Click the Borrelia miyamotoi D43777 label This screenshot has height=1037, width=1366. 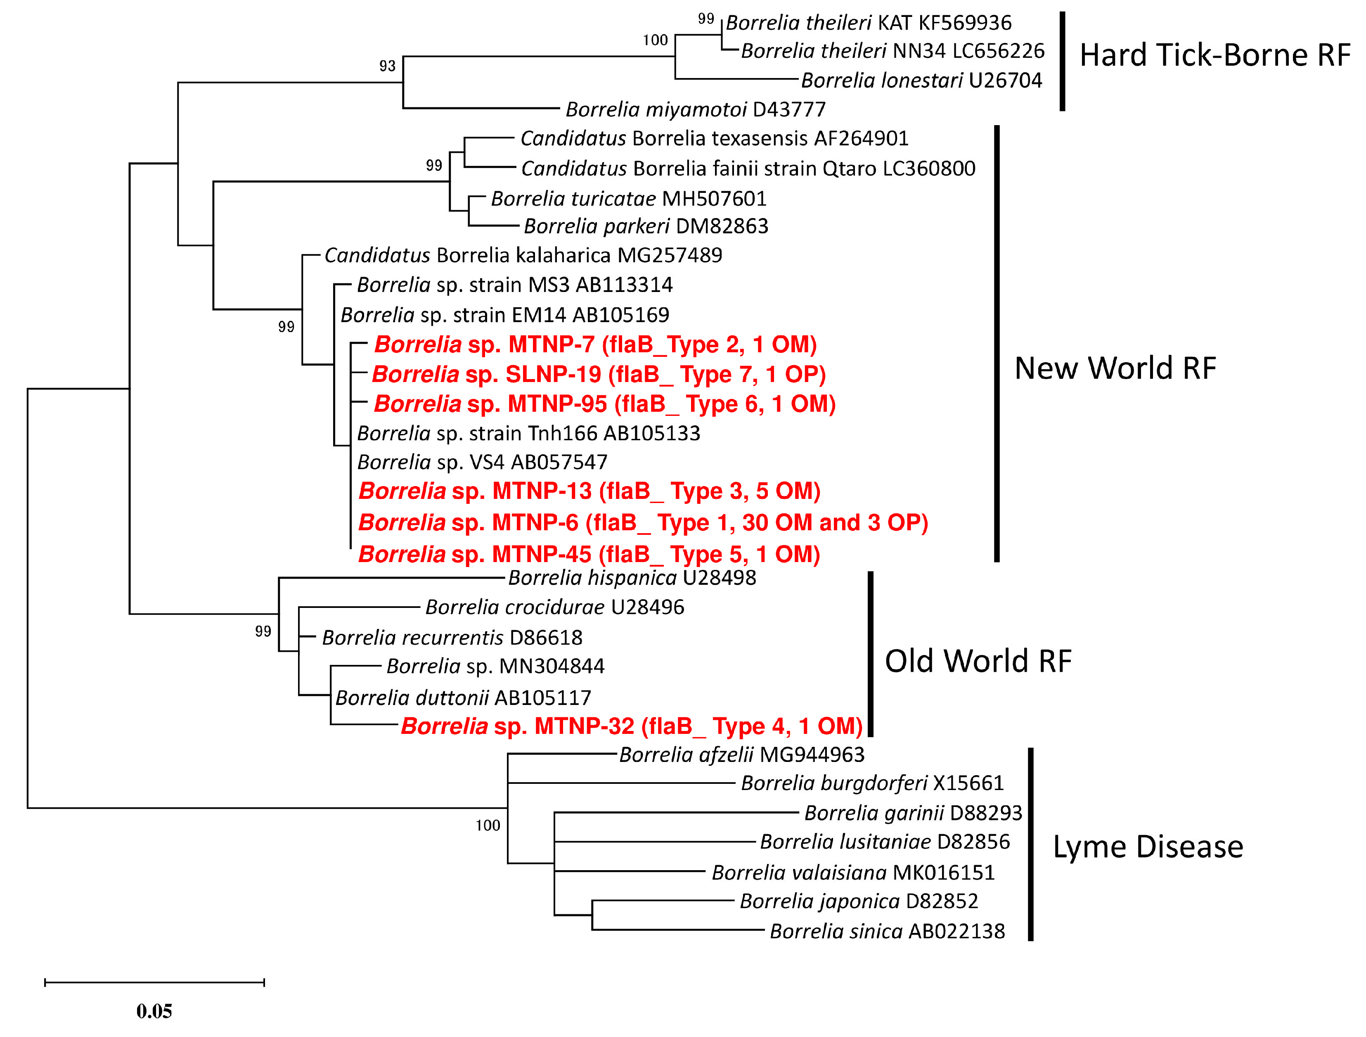(x=695, y=109)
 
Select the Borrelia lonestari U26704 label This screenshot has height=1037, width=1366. (x=921, y=80)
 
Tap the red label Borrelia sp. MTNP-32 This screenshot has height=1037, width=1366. (x=631, y=726)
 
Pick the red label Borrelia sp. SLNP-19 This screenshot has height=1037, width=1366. (x=599, y=374)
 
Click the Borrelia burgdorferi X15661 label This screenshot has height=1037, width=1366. (x=872, y=783)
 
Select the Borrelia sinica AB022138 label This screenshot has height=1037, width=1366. (x=887, y=931)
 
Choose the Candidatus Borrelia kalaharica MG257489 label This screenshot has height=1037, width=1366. (x=523, y=255)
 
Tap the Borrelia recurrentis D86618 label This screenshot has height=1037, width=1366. (x=452, y=637)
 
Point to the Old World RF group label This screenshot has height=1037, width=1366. (x=978, y=661)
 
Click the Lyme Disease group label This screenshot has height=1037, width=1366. (x=1147, y=847)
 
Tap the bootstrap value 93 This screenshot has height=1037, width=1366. (x=387, y=66)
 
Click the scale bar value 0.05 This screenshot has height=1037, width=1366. (x=154, y=1012)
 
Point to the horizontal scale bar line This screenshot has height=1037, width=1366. (x=154, y=982)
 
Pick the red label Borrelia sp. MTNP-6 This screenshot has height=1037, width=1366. (x=643, y=523)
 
